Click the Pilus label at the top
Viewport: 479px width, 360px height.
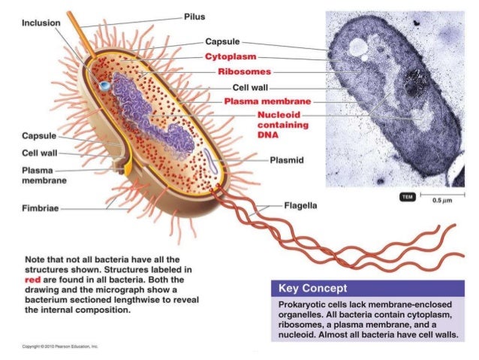point(194,17)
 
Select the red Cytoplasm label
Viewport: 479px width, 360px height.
point(230,57)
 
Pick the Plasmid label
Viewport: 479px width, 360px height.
point(288,160)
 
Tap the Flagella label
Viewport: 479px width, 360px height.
point(300,204)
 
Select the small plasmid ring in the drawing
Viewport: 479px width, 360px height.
point(212,160)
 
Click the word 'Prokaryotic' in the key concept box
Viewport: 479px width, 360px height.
point(303,304)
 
